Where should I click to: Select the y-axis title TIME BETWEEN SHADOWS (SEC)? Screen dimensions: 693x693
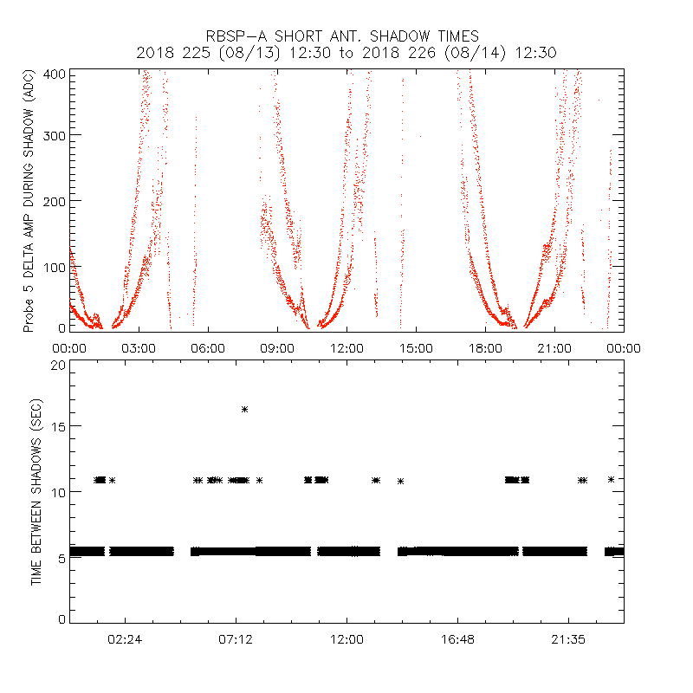[36, 492]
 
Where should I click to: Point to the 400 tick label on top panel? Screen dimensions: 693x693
[55, 74]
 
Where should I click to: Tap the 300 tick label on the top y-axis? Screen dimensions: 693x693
[55, 135]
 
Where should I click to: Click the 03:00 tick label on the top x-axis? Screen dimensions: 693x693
[139, 347]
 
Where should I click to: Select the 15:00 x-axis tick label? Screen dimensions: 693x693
[416, 347]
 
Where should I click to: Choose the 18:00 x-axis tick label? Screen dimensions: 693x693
[485, 347]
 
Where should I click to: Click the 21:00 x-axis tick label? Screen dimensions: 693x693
[554, 347]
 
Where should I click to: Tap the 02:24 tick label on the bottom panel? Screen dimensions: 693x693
[125, 639]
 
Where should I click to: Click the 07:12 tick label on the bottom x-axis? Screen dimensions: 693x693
[236, 639]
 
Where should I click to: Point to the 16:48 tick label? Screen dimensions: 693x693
[457, 639]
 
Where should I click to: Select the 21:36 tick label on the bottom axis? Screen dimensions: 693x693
[568, 639]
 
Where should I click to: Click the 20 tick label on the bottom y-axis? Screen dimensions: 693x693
[57, 366]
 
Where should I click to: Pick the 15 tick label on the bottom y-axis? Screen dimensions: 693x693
[57, 426]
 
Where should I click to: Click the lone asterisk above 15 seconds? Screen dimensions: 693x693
[245, 409]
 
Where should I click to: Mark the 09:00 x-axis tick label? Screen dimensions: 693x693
[277, 347]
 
